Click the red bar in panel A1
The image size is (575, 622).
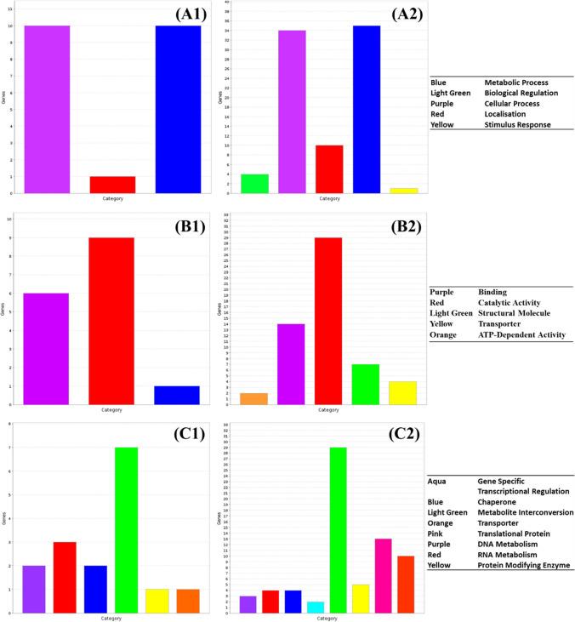[112, 185]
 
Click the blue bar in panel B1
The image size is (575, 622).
[178, 395]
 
